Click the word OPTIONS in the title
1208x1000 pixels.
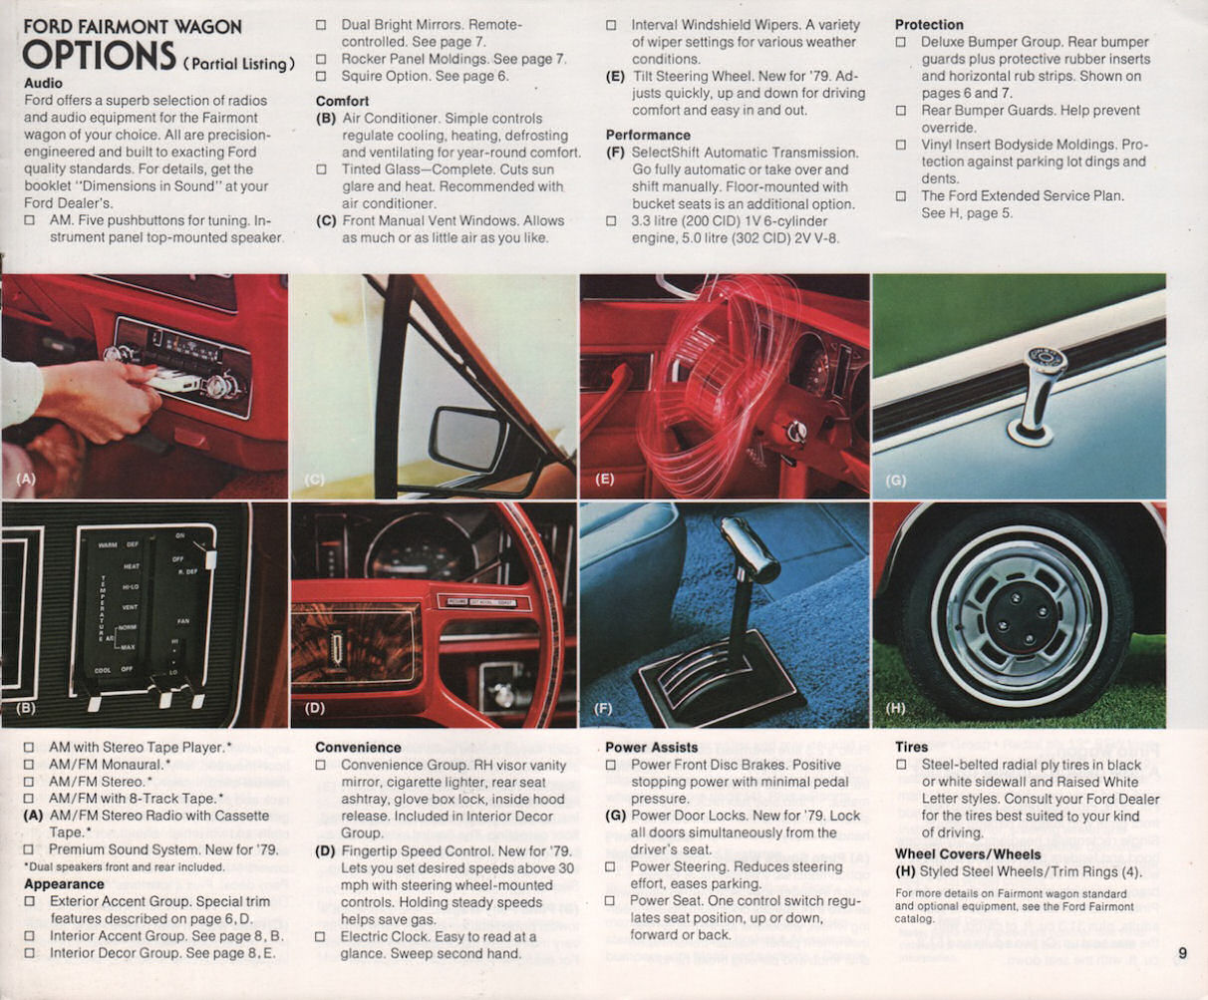[99, 57]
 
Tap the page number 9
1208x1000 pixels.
[1182, 953]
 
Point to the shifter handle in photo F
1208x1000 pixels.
[749, 551]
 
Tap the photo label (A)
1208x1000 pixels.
[26, 480]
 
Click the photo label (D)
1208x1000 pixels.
[315, 708]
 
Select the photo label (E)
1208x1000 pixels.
[604, 480]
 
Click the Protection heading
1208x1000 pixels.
[929, 25]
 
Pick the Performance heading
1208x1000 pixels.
[648, 135]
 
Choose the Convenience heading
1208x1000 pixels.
[358, 747]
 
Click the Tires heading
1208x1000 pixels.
[911, 747]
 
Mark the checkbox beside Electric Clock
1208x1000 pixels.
[321, 937]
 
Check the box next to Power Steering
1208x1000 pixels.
[611, 866]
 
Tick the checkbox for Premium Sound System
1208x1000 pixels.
[29, 849]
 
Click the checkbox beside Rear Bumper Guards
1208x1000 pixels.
[901, 111]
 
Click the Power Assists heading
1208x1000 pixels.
[652, 747]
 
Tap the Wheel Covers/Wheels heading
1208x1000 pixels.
[967, 853]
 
